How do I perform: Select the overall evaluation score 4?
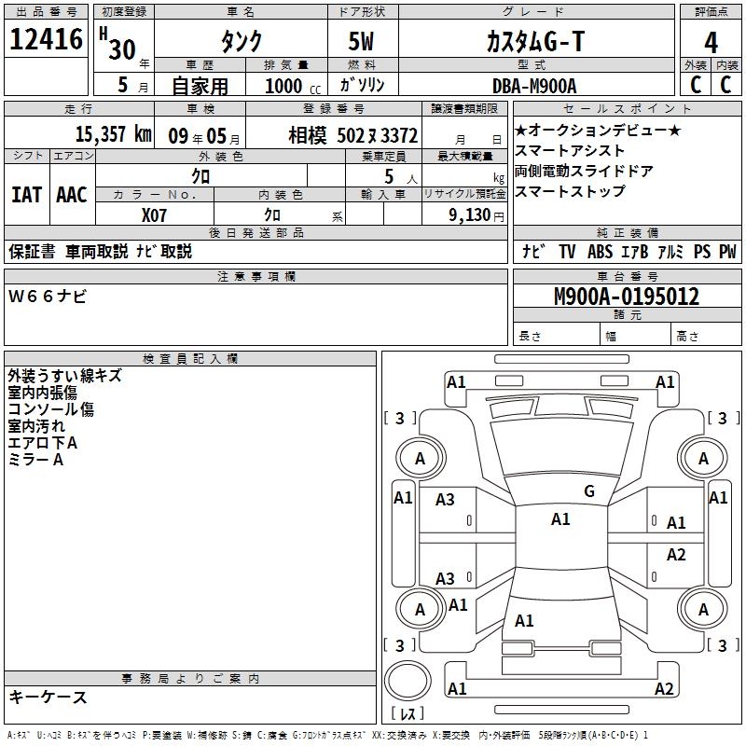[x=711, y=42]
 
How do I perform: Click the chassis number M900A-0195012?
[x=627, y=297]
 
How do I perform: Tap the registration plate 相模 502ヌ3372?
[x=352, y=135]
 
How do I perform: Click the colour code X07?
[x=155, y=214]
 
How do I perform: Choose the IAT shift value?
[x=27, y=194]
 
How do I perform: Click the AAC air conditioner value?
[x=72, y=194]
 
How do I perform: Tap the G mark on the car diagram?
[x=589, y=491]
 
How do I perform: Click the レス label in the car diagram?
[x=408, y=713]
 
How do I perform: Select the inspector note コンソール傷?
[x=51, y=409]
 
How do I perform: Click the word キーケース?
[x=48, y=698]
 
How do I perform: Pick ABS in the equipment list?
[x=600, y=252]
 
